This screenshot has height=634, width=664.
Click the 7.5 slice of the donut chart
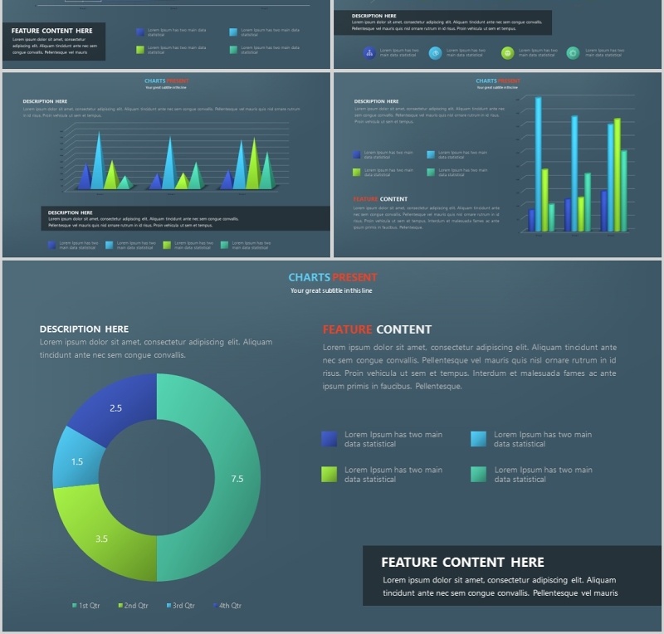[x=237, y=479]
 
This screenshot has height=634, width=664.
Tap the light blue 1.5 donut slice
[x=77, y=462]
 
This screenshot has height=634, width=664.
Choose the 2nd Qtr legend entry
[x=133, y=606]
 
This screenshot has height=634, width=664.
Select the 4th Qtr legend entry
[x=227, y=606]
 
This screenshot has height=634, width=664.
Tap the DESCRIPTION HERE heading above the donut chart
[x=84, y=329]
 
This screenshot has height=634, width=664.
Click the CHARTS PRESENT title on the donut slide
[x=332, y=277]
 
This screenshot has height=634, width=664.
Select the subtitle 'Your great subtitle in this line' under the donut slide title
[x=332, y=290]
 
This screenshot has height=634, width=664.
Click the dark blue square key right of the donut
[x=330, y=439]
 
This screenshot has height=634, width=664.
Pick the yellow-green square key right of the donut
[x=330, y=474]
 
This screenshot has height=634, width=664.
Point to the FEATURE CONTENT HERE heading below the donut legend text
[x=462, y=562]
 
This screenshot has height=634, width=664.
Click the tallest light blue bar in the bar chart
[x=538, y=162]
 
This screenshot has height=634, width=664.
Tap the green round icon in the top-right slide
[x=507, y=53]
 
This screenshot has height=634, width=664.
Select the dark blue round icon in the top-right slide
[x=369, y=53]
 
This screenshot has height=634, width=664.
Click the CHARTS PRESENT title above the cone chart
[x=166, y=81]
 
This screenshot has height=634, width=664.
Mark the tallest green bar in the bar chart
[x=617, y=174]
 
